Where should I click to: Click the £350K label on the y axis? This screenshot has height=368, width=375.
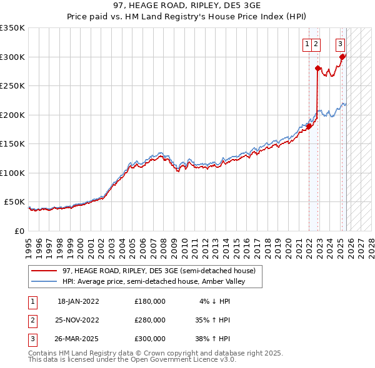12,28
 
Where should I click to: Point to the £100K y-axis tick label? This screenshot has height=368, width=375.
12,173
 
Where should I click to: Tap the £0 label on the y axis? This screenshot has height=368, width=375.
19,231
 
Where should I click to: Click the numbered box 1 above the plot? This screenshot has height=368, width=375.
307,44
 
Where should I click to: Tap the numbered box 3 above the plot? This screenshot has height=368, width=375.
340,44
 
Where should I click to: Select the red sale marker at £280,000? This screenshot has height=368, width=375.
317,69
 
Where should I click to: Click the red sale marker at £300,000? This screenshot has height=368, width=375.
342,57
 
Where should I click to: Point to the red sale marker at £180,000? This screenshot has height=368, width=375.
309,127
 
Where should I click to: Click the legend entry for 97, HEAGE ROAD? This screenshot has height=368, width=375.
159,271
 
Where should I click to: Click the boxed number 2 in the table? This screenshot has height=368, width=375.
31,320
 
